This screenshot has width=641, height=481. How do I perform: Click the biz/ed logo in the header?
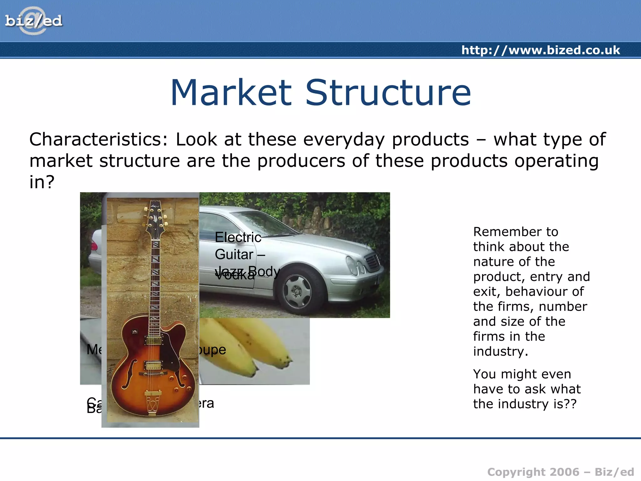coord(33,21)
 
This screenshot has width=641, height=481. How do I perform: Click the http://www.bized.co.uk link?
coord(541,50)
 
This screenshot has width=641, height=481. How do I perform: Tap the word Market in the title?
coord(231,93)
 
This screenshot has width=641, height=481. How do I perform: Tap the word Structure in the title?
coord(388,93)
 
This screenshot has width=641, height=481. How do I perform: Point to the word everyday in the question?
coord(344,140)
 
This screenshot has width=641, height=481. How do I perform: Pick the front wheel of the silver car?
coord(296,290)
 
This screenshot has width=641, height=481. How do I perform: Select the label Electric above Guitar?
coord(238,237)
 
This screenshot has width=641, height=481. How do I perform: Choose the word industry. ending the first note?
coord(500,352)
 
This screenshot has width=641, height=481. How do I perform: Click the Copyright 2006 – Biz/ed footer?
coord(560,472)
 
